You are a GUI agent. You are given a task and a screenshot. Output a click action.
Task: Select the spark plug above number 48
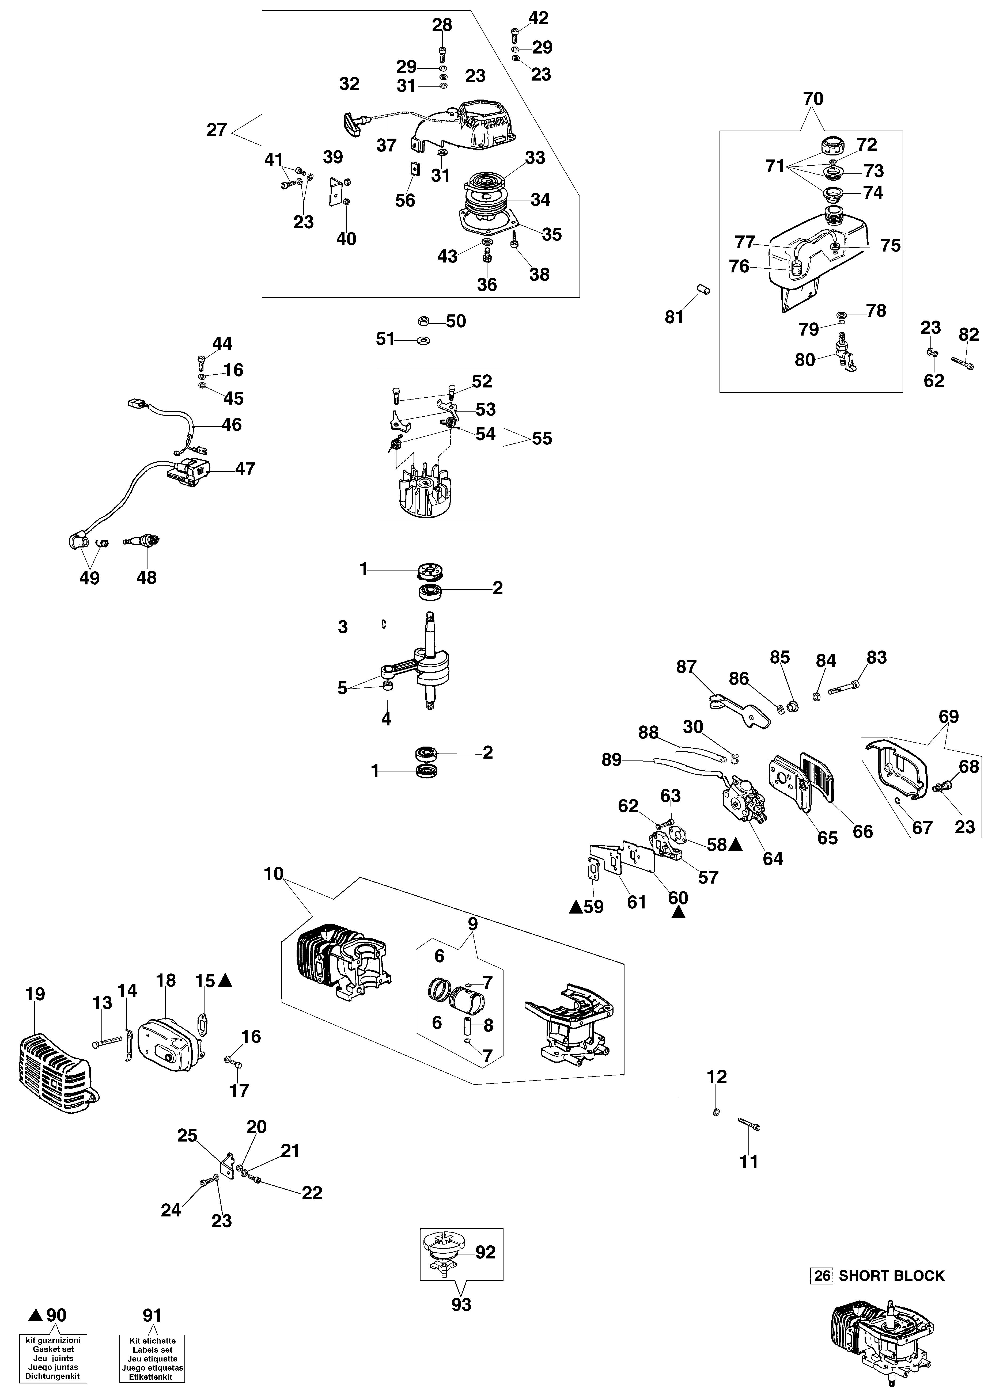143,540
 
